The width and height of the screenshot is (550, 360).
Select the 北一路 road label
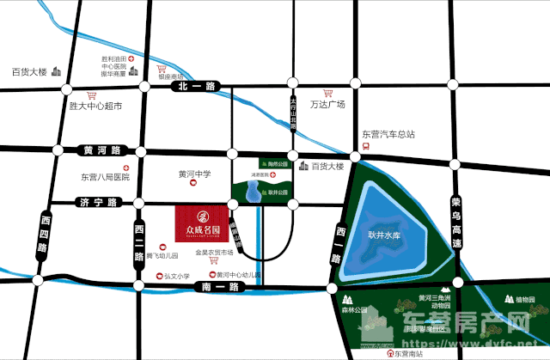coord(196,86)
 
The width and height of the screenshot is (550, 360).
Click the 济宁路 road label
coord(95,203)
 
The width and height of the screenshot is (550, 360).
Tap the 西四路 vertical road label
coord(44,236)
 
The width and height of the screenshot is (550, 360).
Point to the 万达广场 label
coord(327,105)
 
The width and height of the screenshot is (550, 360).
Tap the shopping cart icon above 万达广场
coord(327,92)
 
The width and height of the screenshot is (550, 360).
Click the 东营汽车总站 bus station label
coord(388,134)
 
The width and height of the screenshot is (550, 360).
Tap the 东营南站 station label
coord(416,352)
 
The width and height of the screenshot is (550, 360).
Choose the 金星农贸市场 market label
coord(215,253)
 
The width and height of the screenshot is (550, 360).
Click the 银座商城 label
coord(174,76)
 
